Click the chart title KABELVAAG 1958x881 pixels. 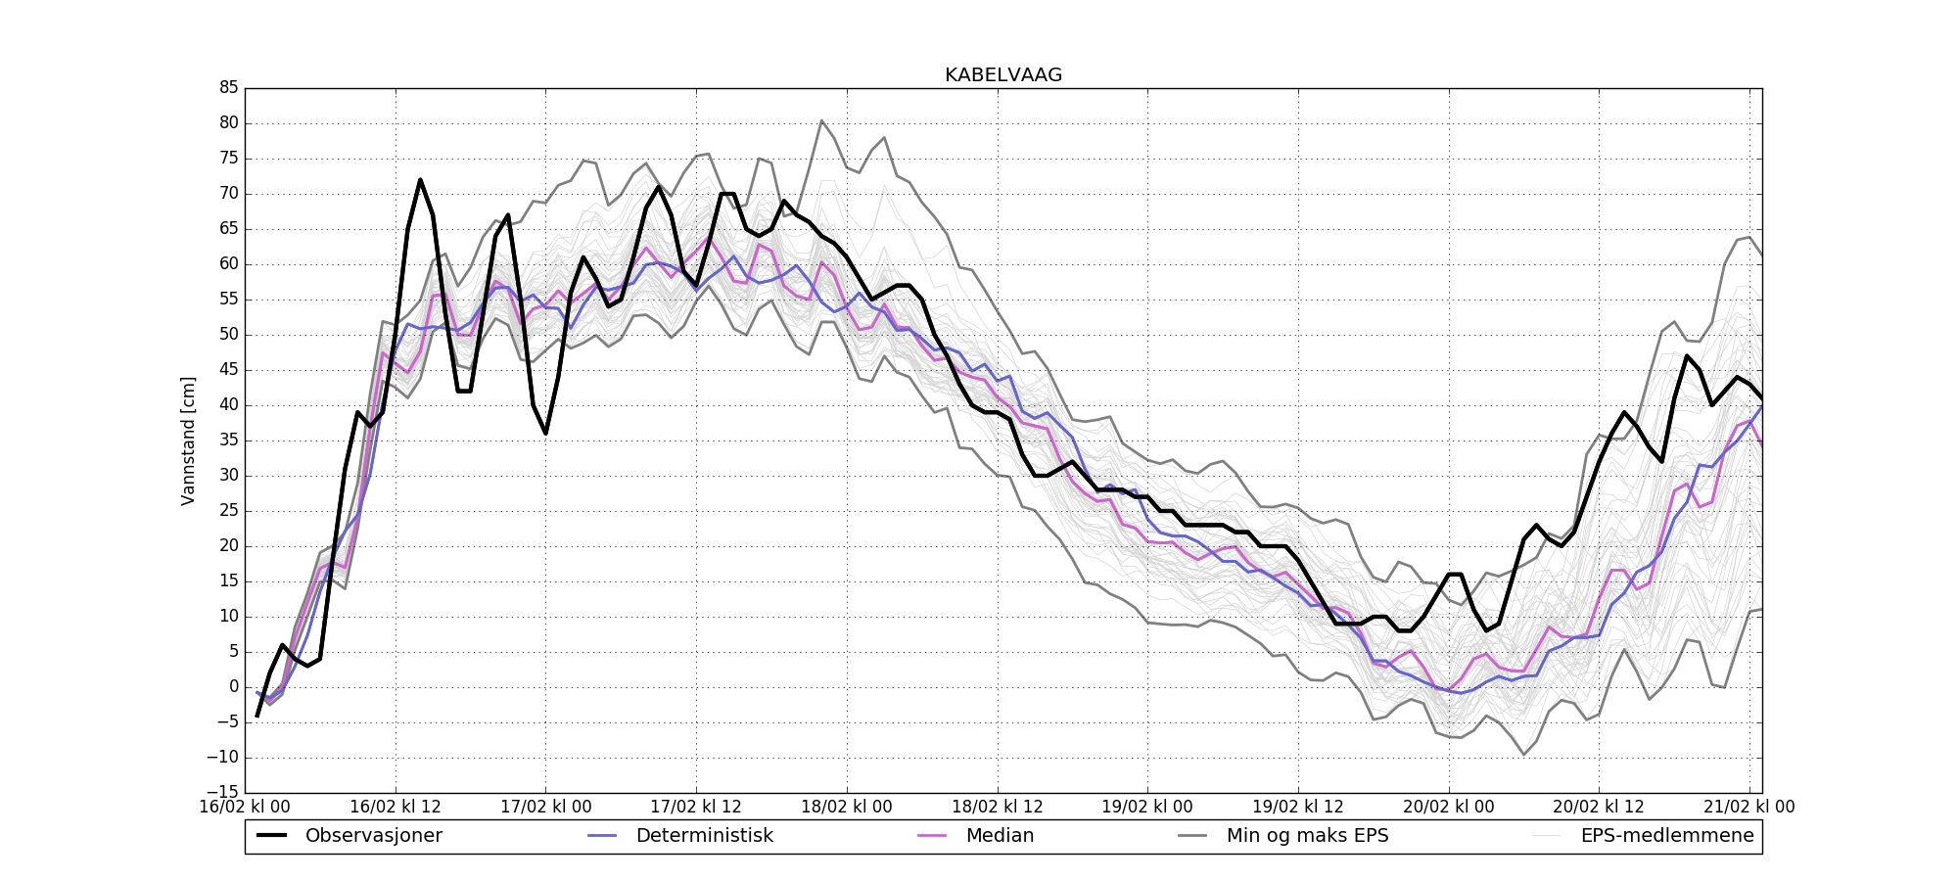point(1002,75)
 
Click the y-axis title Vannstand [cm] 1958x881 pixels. point(188,440)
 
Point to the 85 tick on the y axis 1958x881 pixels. point(228,88)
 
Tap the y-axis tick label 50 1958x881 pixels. point(228,335)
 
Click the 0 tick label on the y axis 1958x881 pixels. point(233,687)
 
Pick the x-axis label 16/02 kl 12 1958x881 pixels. point(396,808)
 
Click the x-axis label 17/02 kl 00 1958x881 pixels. point(545,808)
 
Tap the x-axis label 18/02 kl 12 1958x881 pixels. point(998,808)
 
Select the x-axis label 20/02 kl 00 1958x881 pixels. point(1449,808)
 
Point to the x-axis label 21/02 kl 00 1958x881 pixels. point(1749,808)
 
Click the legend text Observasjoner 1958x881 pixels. point(373,836)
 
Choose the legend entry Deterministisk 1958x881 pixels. point(704,836)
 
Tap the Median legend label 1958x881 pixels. point(1000,836)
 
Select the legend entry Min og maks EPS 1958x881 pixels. point(1307,836)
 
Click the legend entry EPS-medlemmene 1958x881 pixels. point(1667,836)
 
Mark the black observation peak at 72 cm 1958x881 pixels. point(420,180)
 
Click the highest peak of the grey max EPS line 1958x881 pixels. point(821,120)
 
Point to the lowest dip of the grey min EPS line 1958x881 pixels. point(1523,754)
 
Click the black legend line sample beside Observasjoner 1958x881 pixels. point(271,836)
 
